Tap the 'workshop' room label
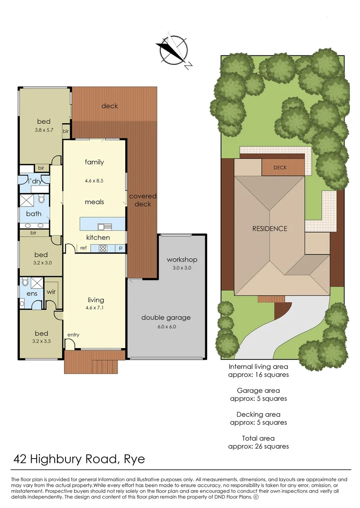point(182,260)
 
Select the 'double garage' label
point(166,317)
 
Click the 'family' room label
point(94,162)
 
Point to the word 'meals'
point(94,202)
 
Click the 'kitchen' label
point(98,238)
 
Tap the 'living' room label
point(96,300)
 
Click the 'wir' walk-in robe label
point(51,292)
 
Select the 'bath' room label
point(33,214)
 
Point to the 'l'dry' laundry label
point(35,181)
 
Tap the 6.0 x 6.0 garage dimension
point(166,326)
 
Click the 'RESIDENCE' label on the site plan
point(270,229)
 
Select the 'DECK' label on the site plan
point(280,167)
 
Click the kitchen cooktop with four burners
point(103,248)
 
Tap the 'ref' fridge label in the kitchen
point(83,248)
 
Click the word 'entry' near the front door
point(73,335)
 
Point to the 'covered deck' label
point(143,200)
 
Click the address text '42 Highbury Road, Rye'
point(79,459)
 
